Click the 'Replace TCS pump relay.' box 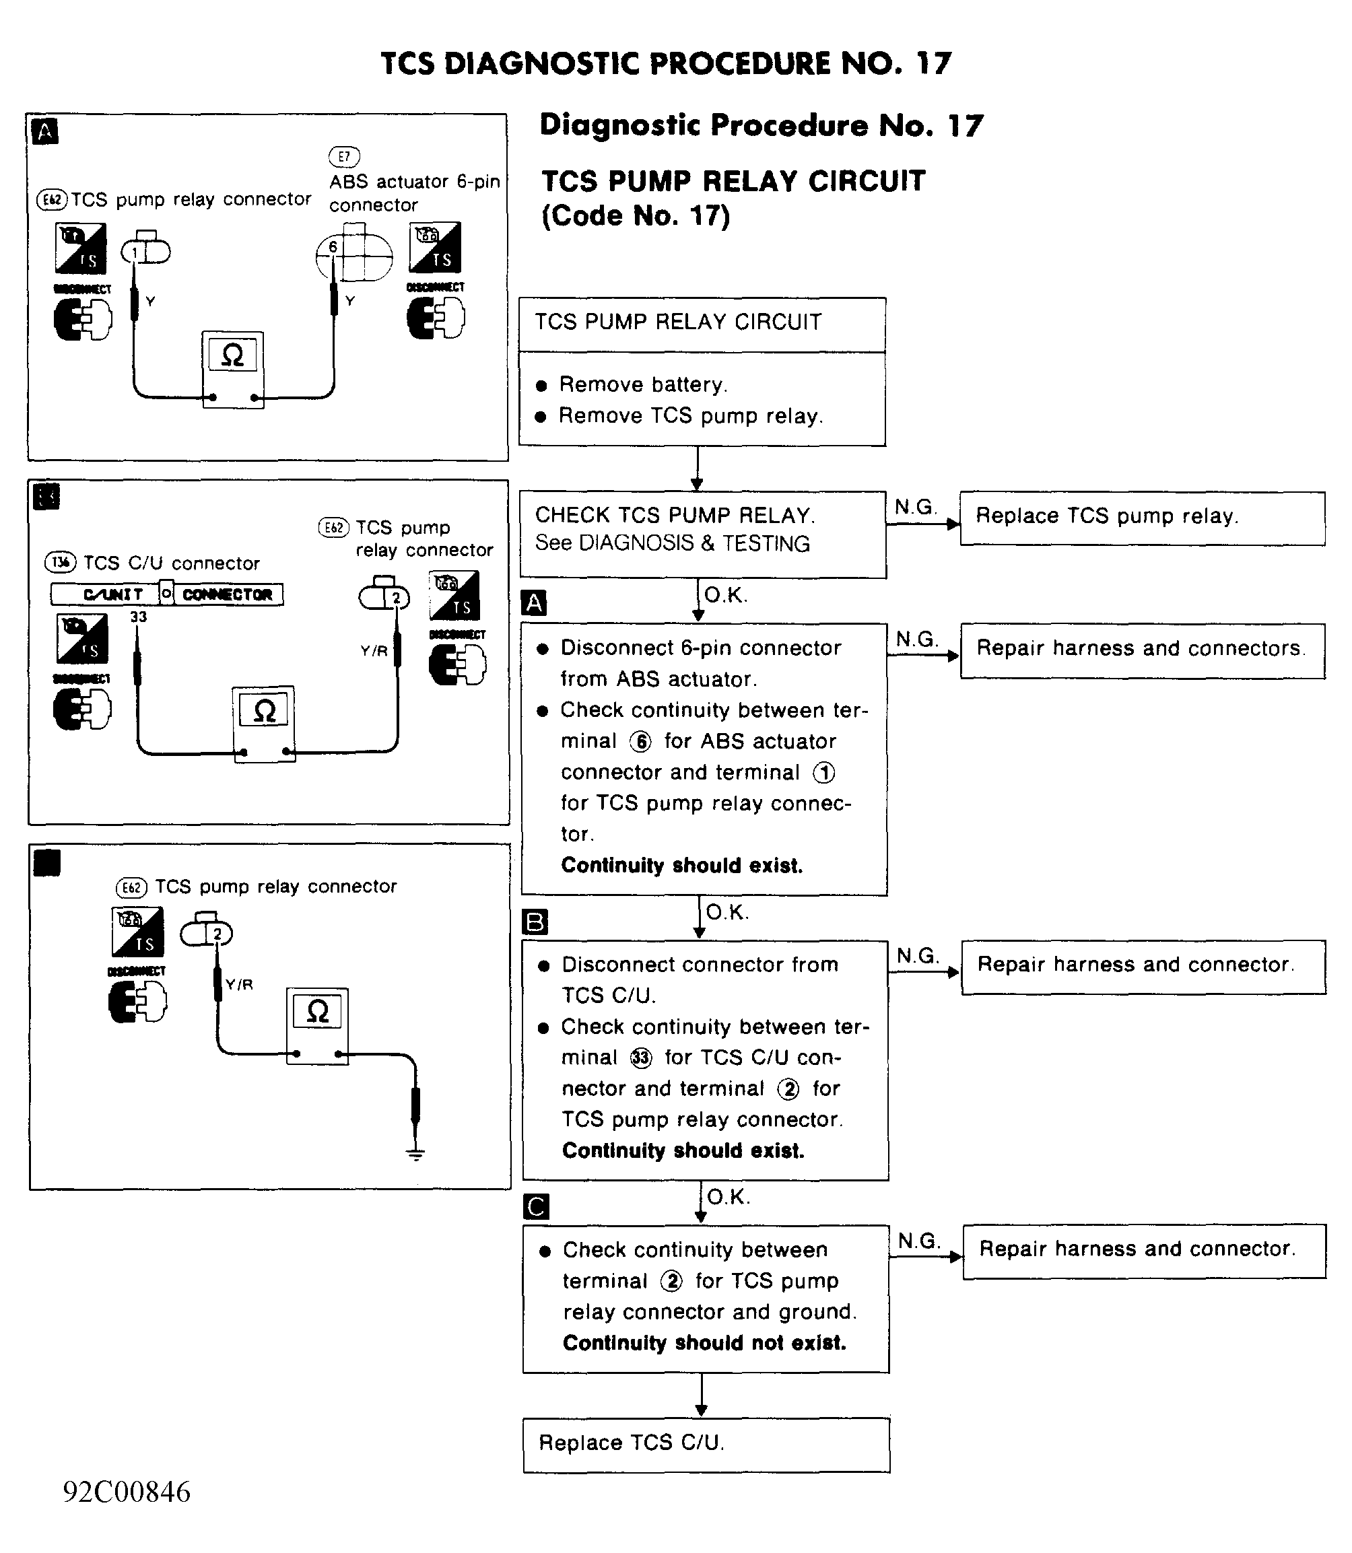pyautogui.click(x=1141, y=518)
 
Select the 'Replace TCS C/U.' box pyautogui.click(x=706, y=1445)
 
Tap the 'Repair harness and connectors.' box pyautogui.click(x=1141, y=650)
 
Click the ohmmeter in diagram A pyautogui.click(x=233, y=370)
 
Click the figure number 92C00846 pyautogui.click(x=127, y=1492)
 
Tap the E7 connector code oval pyautogui.click(x=344, y=156)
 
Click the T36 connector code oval pyautogui.click(x=61, y=562)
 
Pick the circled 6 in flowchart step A pyautogui.click(x=640, y=743)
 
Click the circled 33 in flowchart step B pyautogui.click(x=640, y=1058)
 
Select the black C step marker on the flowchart pyautogui.click(x=536, y=1207)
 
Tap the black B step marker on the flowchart pyautogui.click(x=535, y=922)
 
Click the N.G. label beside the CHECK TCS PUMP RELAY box pyautogui.click(x=914, y=507)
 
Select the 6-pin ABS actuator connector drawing pyautogui.click(x=354, y=256)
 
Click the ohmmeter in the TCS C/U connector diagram pyautogui.click(x=264, y=724)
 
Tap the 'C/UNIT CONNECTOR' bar pyautogui.click(x=167, y=594)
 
